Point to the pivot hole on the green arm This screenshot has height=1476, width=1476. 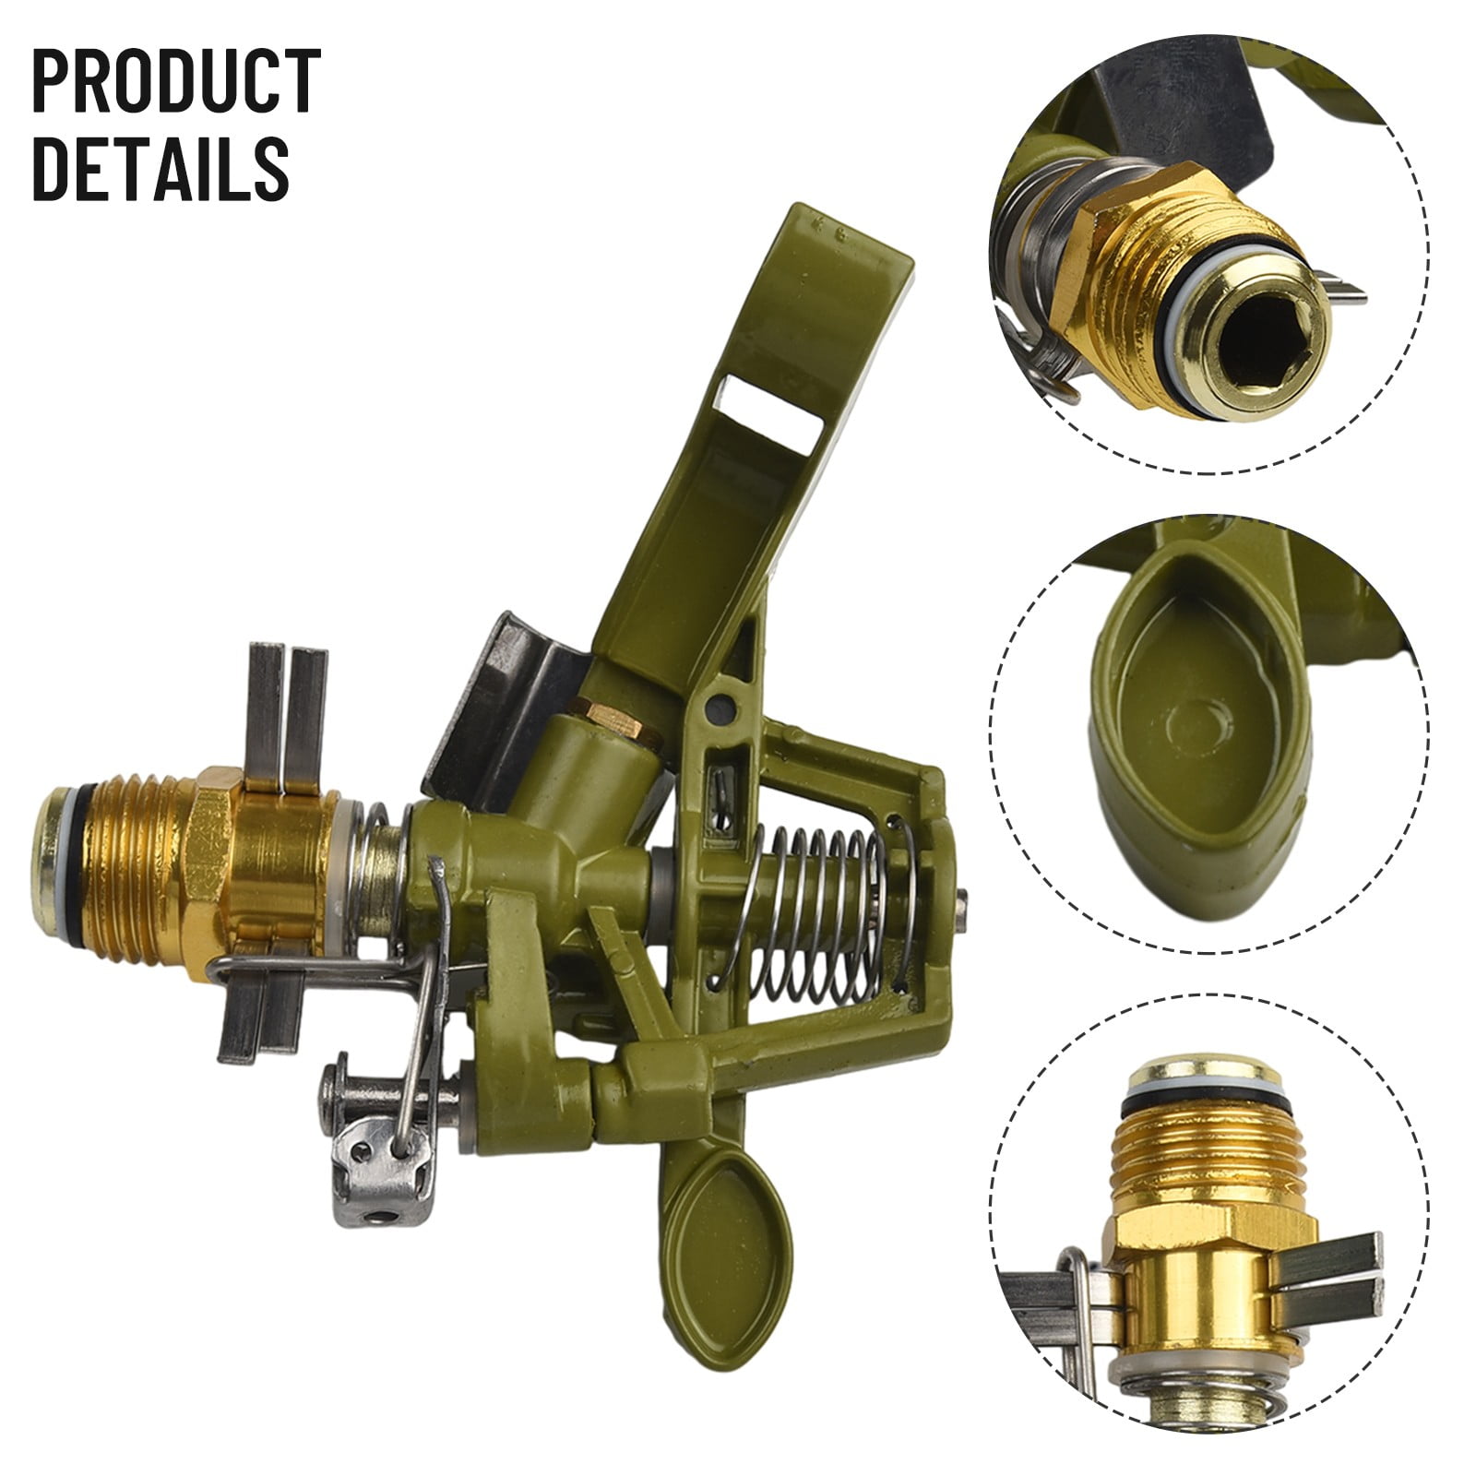(726, 707)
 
